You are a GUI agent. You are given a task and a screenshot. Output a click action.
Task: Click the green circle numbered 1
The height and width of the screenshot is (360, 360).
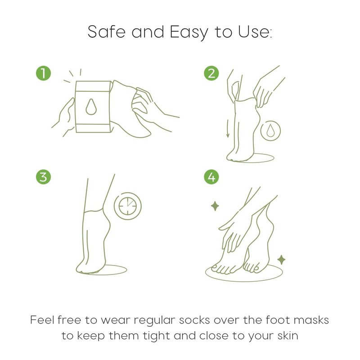43,73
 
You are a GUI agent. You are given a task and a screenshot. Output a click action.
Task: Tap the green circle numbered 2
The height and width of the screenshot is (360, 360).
211,73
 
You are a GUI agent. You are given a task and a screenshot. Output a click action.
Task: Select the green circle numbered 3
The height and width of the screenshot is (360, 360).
43,177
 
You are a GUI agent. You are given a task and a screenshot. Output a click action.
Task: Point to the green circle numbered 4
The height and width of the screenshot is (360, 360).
211,177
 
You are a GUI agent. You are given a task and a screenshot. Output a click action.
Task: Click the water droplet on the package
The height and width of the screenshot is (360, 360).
91,107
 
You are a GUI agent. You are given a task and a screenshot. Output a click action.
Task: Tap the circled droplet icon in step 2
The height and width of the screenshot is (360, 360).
270,131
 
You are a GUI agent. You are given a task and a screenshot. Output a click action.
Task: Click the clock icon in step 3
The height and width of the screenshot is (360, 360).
128,206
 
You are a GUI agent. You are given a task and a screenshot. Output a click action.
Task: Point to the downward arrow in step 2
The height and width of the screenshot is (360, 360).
228,129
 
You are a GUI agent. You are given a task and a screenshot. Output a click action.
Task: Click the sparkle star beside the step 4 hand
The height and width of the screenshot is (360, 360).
215,206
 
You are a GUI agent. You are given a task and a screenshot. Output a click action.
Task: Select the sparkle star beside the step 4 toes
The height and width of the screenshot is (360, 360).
281,260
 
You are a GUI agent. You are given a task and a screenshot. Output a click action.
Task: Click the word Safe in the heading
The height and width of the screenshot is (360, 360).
106,31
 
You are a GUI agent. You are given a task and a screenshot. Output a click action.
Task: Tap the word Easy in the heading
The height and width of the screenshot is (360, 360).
189,32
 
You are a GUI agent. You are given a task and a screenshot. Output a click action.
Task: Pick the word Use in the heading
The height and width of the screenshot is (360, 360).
254,31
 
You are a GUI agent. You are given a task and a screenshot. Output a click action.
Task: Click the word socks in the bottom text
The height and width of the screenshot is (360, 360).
194,320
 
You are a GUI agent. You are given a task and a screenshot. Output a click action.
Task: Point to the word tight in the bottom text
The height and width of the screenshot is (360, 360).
156,336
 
